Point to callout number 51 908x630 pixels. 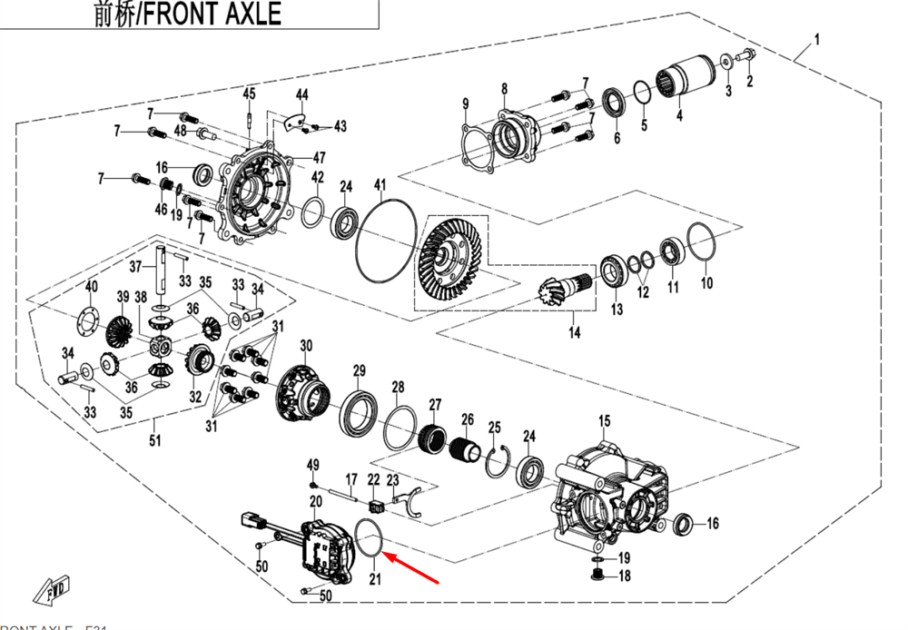[155, 442]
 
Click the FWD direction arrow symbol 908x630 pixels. [53, 589]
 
